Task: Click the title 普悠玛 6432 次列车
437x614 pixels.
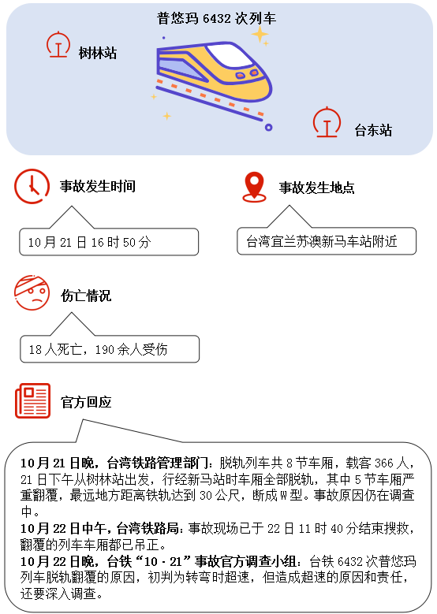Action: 216,18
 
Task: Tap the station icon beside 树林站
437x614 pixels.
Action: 58,44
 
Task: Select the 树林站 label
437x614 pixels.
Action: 98,53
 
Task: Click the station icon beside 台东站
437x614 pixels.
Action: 327,122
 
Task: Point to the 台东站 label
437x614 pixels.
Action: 373,130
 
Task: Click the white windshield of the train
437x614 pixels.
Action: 230,56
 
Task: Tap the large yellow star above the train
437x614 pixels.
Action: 260,35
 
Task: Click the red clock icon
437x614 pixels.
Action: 32,186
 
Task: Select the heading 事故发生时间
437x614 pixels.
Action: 98,186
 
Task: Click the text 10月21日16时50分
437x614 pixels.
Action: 89,243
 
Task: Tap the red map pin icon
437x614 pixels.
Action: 254,187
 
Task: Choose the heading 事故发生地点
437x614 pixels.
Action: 316,188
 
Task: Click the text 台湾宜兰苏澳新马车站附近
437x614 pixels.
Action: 321,241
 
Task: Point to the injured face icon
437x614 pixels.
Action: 32,293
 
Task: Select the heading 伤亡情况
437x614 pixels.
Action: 86,296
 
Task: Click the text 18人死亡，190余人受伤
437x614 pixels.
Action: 98,349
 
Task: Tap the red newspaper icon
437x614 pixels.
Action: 33,400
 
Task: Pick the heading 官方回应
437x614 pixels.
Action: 86,402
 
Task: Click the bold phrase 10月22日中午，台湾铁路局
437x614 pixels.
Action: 100,529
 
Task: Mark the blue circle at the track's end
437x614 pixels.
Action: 268,127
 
